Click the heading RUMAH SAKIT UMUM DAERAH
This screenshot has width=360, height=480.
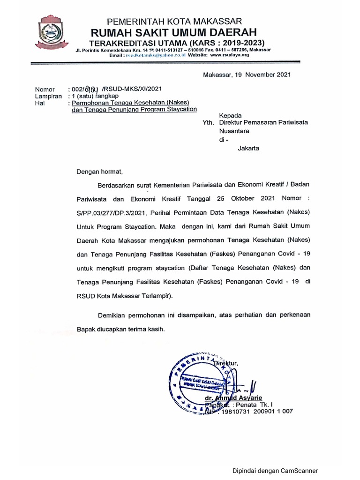174,32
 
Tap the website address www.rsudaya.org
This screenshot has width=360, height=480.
229,55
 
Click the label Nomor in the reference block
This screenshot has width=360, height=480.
45,89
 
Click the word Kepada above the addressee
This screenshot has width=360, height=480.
230,115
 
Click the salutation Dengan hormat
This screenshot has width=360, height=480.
99,172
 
